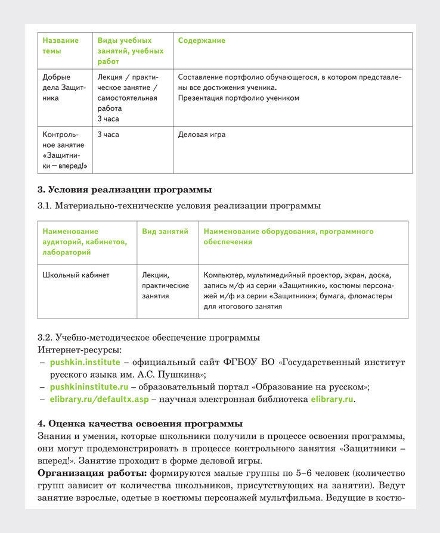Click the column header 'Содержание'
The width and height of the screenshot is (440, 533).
pos(202,40)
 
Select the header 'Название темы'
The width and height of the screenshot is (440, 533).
pos(60,46)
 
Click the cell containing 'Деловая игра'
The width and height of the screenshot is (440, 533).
pos(202,135)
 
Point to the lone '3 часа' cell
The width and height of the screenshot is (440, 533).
pos(108,135)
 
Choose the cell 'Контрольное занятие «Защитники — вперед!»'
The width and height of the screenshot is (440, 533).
pos(64,150)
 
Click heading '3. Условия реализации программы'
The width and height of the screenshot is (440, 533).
pos(125,191)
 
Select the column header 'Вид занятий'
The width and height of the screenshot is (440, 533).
pos(165,231)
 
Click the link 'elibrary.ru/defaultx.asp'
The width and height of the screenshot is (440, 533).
pos(98,400)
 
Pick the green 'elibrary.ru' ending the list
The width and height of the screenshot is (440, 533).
pos(332,400)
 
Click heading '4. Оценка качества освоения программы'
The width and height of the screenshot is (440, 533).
pos(140,423)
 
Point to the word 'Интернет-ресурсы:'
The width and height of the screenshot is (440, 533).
pos(79,349)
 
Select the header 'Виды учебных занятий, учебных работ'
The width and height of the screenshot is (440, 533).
pos(131,51)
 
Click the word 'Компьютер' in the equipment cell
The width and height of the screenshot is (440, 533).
pos(224,275)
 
